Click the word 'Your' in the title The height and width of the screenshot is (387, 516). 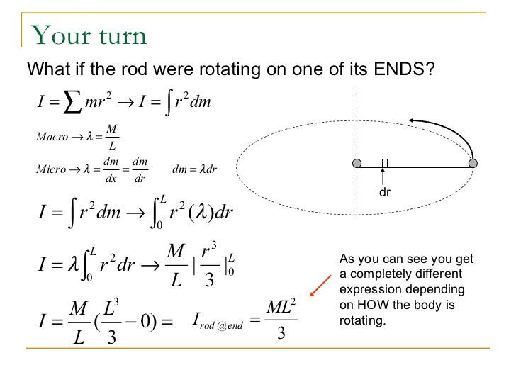coord(58,35)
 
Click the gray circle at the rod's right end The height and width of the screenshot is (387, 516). coord(473,163)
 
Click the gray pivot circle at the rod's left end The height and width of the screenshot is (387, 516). coord(357,163)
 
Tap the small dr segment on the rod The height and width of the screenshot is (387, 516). coord(385,163)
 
